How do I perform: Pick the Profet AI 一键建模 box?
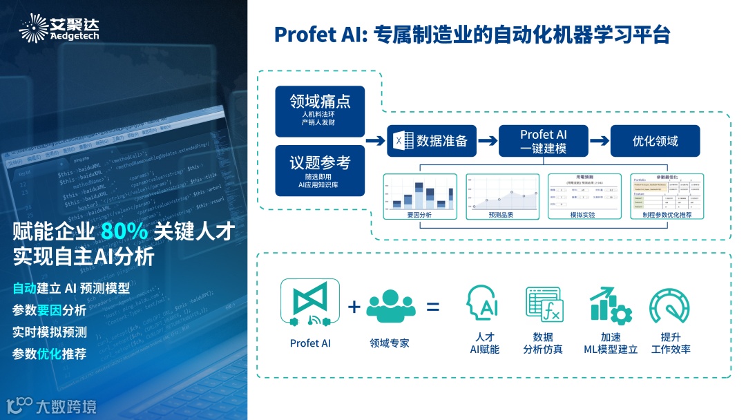click(x=544, y=141)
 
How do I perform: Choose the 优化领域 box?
click(x=655, y=141)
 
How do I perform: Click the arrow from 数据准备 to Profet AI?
click(x=488, y=141)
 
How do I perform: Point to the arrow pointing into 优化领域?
click(x=600, y=141)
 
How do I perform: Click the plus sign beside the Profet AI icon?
click(x=354, y=305)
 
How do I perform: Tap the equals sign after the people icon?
click(x=432, y=305)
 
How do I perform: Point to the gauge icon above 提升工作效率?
click(x=669, y=304)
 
